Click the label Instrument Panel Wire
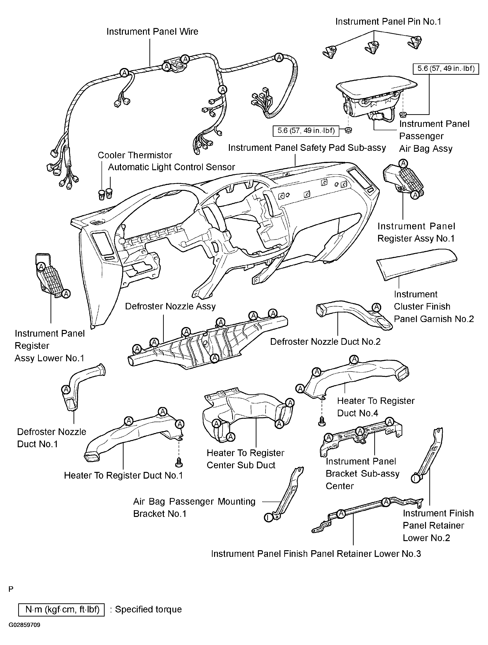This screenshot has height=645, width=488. point(152,32)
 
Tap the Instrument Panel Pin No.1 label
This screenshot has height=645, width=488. point(388,22)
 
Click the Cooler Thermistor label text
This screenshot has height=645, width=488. point(135,155)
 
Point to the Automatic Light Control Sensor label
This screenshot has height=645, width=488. point(171,167)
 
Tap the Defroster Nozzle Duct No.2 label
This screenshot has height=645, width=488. point(325,341)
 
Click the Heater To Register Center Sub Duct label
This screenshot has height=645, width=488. point(245,459)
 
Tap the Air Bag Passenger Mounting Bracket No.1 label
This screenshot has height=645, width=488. point(194,507)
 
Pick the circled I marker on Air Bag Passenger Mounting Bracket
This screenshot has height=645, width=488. point(268,518)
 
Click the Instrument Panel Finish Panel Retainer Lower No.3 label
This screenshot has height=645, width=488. point(316,554)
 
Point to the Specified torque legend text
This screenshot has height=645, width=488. point(148,609)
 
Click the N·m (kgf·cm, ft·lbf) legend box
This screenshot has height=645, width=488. point(61,609)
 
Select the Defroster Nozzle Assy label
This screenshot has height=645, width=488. point(170,306)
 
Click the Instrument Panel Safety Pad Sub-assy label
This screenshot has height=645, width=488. point(307,148)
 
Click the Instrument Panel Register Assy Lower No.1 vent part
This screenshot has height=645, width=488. point(50,276)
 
